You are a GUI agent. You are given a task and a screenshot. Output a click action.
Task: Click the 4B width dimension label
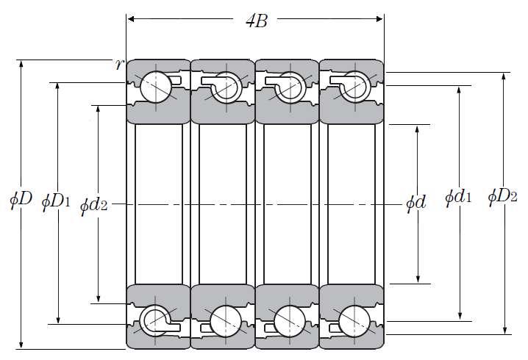coord(257,21)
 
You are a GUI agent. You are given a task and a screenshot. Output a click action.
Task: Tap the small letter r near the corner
coord(120,64)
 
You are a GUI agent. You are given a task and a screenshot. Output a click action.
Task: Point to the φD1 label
coord(56,201)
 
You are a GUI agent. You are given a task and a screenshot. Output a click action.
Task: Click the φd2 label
coord(94,205)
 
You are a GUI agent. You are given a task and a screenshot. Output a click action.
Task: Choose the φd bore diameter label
coord(416,204)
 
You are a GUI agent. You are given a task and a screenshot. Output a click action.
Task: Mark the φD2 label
coord(502,196)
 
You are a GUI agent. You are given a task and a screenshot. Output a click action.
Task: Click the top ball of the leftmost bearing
coord(155,87)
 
